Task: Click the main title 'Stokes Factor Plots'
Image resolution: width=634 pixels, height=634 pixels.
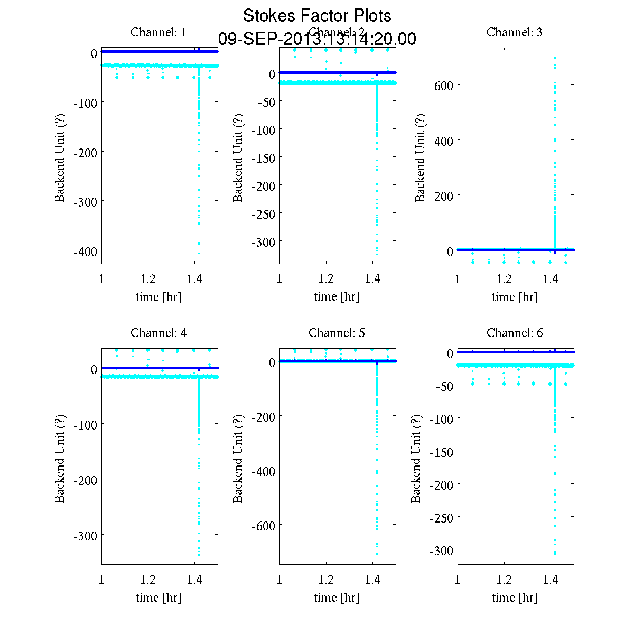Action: (317, 16)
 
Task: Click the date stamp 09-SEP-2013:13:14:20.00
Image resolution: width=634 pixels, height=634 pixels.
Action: (317, 39)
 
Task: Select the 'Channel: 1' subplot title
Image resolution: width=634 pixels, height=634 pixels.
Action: (158, 32)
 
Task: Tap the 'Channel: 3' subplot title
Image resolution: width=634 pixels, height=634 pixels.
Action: (514, 32)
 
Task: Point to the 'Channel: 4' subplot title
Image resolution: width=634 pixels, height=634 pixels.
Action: (158, 333)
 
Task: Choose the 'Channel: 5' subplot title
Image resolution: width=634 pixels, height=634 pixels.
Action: (337, 333)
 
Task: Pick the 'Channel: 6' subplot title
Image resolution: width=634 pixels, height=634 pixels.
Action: (514, 333)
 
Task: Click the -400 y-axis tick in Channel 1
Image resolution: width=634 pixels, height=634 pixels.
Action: (85, 251)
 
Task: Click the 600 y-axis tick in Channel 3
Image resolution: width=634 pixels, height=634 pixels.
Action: (443, 85)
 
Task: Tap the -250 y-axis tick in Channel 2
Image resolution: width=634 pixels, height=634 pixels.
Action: (264, 214)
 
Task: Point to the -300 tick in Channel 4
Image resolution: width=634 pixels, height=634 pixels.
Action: (85, 536)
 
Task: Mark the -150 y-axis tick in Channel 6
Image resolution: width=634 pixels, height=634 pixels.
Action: (442, 452)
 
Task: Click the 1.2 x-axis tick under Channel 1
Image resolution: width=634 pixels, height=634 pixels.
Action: (148, 279)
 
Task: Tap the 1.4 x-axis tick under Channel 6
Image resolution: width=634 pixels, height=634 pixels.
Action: (551, 580)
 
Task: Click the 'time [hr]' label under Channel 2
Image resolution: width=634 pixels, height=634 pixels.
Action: (337, 296)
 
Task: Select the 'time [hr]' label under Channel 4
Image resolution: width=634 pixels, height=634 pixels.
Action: (158, 598)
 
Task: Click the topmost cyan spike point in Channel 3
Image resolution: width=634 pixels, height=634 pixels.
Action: (555, 57)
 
